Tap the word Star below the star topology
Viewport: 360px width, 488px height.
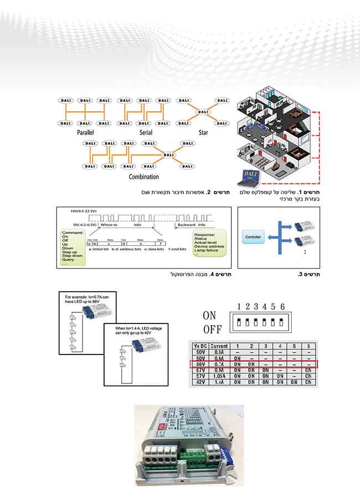[204, 133]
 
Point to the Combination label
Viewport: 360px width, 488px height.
[143, 177]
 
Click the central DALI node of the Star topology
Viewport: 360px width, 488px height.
[203, 112]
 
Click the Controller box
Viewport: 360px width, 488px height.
[255, 237]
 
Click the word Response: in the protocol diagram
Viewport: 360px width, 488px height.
[204, 234]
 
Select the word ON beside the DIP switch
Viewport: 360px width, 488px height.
[209, 315]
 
